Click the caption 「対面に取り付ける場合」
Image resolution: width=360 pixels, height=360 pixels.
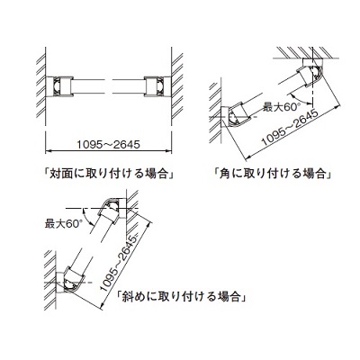pyautogui.click(x=109, y=174)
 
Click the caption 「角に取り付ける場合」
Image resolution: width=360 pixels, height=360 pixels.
pyautogui.click(x=273, y=174)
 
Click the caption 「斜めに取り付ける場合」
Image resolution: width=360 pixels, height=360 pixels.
pyautogui.click(x=183, y=297)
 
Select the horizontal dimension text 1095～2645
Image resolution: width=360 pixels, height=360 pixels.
pyautogui.click(x=108, y=145)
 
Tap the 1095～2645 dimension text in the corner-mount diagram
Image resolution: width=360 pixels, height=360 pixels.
pyautogui.click(x=290, y=128)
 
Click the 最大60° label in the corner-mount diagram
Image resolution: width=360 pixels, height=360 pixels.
pyautogui.click(x=282, y=107)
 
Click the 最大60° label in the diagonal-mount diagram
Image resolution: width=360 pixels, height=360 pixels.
pyautogui.click(x=63, y=224)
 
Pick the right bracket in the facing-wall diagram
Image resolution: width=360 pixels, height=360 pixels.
pyautogui.click(x=157, y=86)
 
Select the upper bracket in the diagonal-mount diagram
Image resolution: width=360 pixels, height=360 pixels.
pyautogui.click(x=113, y=211)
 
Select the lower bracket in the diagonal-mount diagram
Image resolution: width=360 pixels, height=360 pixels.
pyautogui.click(x=69, y=281)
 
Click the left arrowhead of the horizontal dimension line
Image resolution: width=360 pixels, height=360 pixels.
pyautogui.click(x=48, y=150)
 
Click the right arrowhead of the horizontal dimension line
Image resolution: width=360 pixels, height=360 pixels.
pyautogui.click(x=169, y=150)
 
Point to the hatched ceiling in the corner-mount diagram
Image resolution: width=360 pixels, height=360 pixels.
pyautogui.click(x=307, y=52)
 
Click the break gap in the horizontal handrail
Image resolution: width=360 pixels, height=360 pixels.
pyautogui.click(x=108, y=86)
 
